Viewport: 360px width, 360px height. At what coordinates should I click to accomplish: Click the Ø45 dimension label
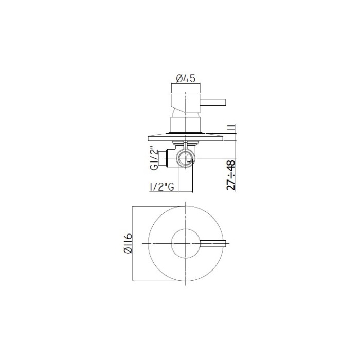click(186, 79)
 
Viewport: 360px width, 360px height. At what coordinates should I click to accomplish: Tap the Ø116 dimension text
click(128, 243)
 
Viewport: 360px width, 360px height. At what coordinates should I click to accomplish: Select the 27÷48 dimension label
click(231, 175)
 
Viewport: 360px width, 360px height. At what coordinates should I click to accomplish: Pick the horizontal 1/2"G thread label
click(161, 187)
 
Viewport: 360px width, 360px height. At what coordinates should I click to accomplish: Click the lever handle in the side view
click(213, 102)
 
